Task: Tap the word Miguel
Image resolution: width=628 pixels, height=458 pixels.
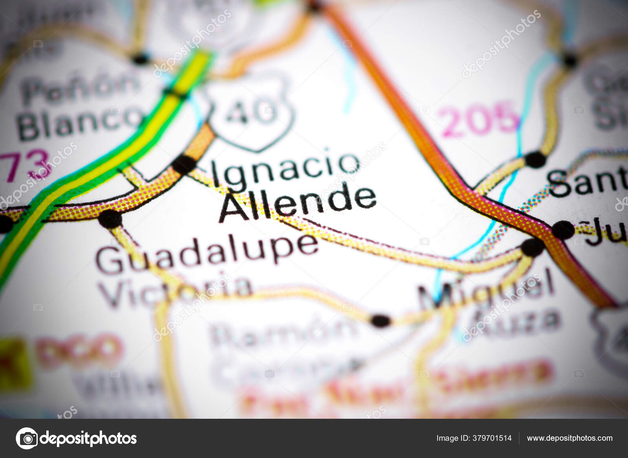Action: point(487,290)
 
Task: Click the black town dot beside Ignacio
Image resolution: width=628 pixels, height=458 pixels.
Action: point(184,164)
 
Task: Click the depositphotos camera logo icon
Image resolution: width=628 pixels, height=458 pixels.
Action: point(27,438)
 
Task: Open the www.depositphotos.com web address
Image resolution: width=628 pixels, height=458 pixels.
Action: point(570,438)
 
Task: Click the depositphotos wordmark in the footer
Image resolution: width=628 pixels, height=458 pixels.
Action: point(88,438)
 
